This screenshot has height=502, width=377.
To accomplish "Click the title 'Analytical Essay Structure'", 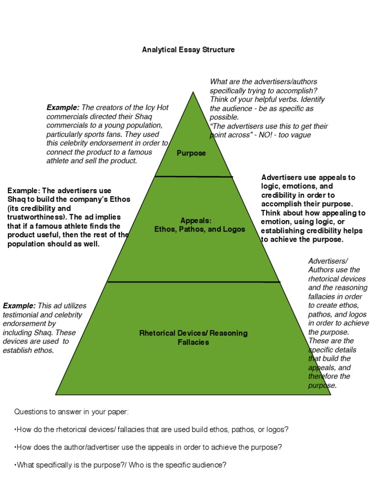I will [x=188, y=50].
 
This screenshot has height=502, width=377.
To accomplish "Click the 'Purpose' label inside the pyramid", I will [x=191, y=153].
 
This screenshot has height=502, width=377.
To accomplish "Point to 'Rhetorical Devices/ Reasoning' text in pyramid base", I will [x=193, y=333].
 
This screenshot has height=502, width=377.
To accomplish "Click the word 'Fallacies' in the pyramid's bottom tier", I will [x=193, y=342].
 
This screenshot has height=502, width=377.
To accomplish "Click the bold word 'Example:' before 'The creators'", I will [x=63, y=107].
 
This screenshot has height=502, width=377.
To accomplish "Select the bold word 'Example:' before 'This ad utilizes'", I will [x=19, y=306].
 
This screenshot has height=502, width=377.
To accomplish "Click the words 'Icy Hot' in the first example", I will [x=156, y=107].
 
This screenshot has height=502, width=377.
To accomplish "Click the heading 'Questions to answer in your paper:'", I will [x=72, y=411].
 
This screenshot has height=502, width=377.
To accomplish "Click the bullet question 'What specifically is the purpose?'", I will [x=121, y=465].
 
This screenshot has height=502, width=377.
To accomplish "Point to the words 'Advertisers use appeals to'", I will [x=308, y=177].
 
